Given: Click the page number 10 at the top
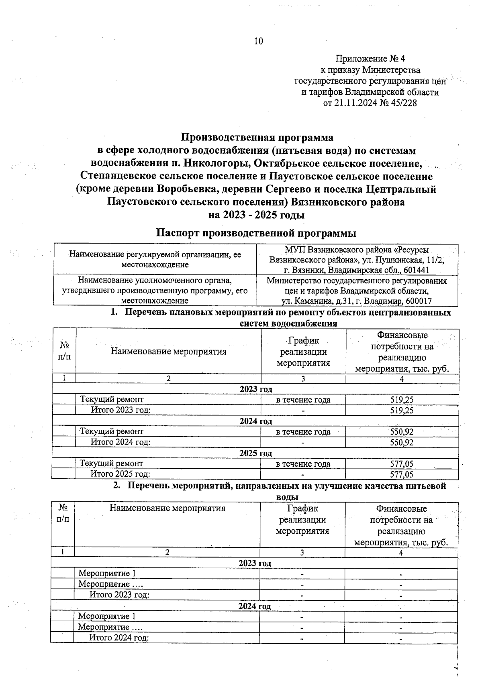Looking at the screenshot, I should tap(258, 41).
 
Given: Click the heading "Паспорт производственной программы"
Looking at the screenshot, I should tap(256, 233).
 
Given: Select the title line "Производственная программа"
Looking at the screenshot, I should tap(257, 138).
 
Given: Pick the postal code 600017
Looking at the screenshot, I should tap(419, 301).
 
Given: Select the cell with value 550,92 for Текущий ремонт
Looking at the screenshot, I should tap(402, 432).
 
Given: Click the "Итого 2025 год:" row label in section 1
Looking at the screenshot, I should tap(120, 474).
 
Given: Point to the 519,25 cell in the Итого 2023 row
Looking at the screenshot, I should tap(402, 410).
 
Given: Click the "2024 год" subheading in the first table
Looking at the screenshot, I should tap(256, 421).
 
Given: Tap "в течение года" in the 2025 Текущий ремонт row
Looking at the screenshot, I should tap(303, 464).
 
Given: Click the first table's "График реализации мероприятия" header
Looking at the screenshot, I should tap(303, 352).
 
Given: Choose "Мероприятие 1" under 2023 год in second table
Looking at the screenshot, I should tap(107, 573).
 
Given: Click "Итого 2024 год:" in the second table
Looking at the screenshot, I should tap(119, 638).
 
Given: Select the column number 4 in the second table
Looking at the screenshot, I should tap(400, 553).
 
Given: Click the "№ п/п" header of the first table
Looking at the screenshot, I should tap(64, 351).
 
